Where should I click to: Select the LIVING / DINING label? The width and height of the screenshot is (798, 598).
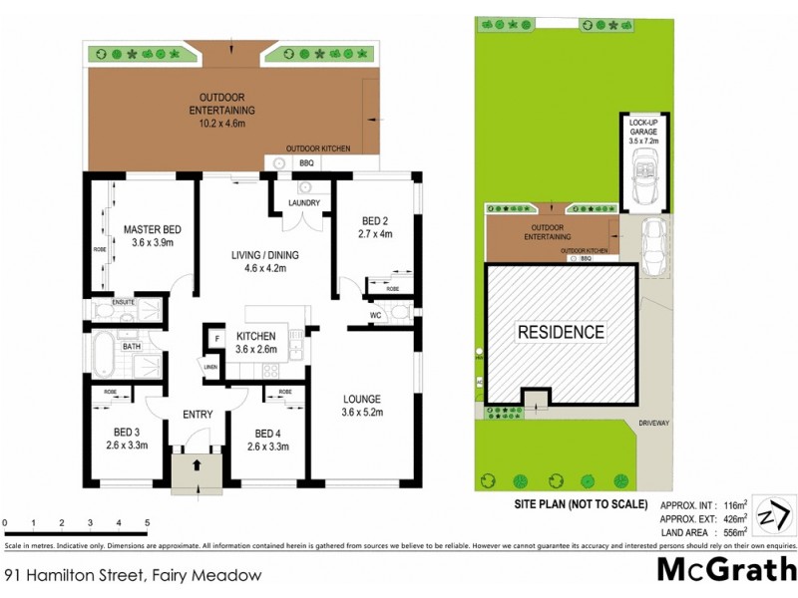[x=265, y=255]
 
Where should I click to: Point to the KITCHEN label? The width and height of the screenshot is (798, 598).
[x=255, y=336]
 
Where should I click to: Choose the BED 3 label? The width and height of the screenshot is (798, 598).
[x=127, y=433]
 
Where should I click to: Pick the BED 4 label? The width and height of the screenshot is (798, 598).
[x=268, y=433]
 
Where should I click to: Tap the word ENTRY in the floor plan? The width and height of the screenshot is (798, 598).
[x=199, y=415]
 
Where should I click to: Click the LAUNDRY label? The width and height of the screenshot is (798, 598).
[x=303, y=203]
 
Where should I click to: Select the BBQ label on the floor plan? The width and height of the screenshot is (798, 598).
[x=307, y=162]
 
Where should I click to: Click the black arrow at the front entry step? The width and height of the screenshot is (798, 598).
[x=198, y=464]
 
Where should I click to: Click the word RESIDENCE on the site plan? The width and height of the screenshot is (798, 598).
[x=560, y=332]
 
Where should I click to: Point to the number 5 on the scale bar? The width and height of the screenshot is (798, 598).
[x=147, y=522]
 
